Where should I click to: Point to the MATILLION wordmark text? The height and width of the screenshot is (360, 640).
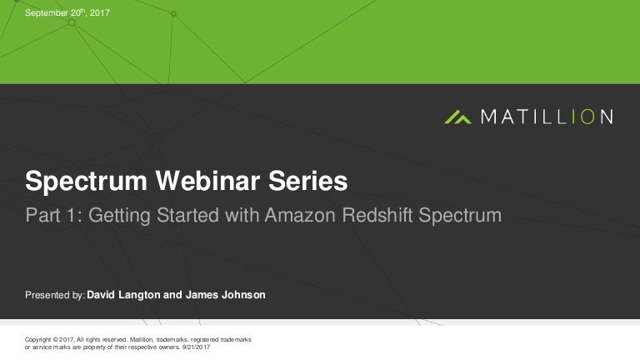point(547,117)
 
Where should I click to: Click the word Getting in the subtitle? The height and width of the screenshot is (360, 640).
point(119,216)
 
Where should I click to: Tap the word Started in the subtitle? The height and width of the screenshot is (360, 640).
point(187,216)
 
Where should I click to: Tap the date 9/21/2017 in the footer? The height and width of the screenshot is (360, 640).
point(195,347)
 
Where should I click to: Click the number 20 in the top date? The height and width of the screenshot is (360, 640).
point(73,14)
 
